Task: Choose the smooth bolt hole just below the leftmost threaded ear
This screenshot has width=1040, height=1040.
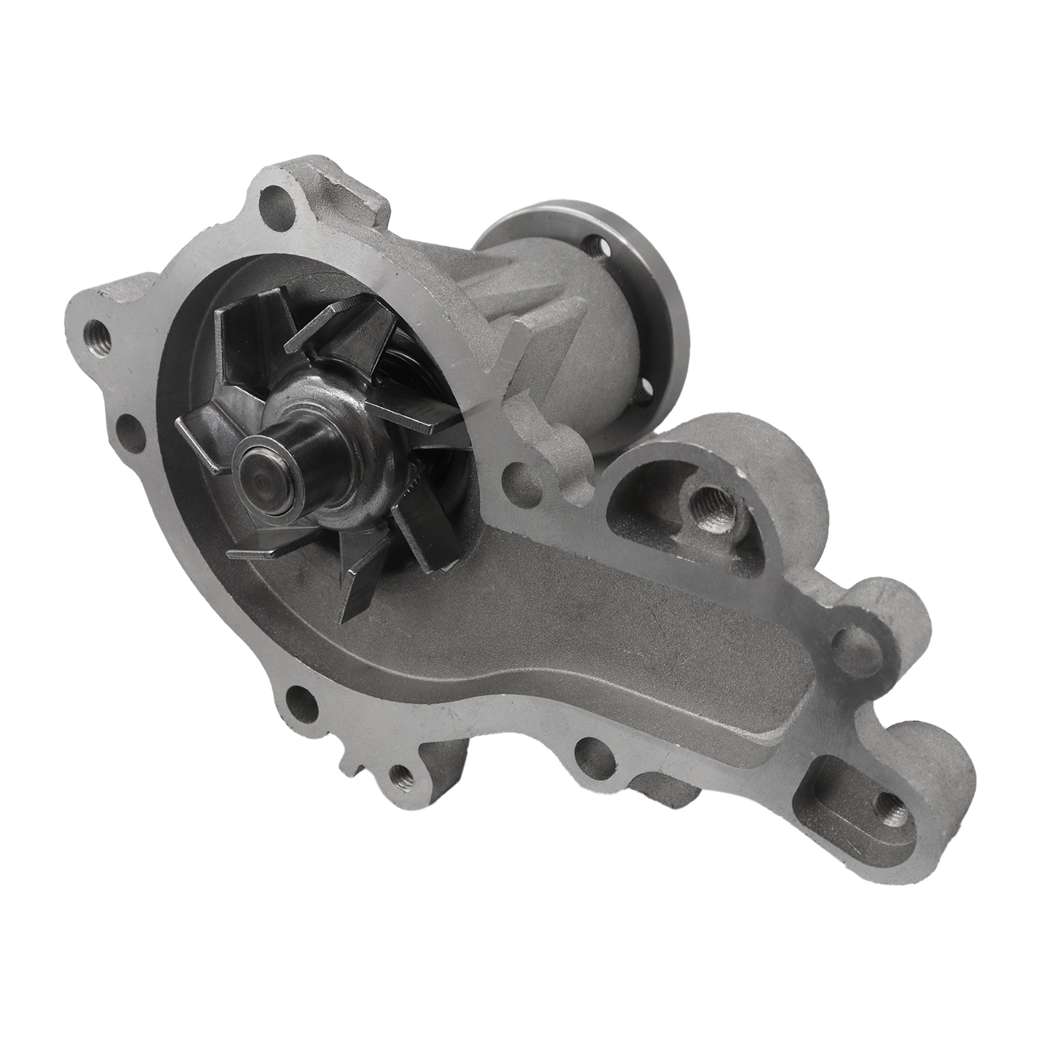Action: tap(130, 432)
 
